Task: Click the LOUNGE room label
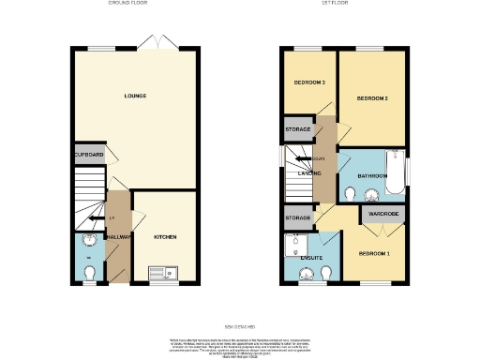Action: click(135, 96)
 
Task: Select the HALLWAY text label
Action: click(117, 237)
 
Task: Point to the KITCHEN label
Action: click(165, 237)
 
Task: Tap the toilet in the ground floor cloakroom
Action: click(89, 272)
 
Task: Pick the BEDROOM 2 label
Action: click(372, 97)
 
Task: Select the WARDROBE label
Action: click(383, 214)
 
